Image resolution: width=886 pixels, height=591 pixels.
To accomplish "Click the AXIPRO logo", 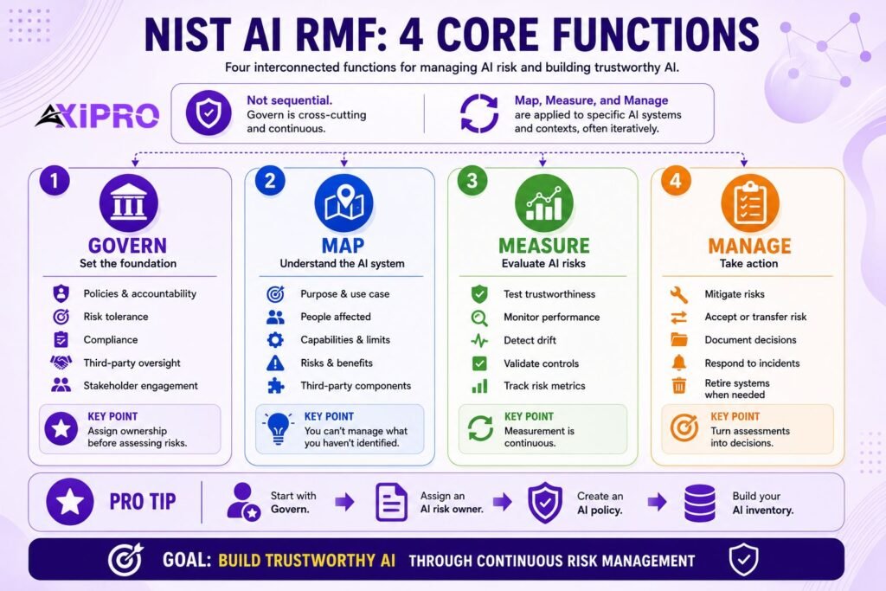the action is pos(97,115).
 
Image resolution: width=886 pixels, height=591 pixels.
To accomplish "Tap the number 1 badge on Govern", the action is pos(55,181).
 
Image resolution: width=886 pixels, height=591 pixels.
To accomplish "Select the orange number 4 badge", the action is pos(676,181).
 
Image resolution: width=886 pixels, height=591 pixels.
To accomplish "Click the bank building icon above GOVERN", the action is pos(128,202).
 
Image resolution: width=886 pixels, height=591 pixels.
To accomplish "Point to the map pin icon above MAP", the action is pos(343,202).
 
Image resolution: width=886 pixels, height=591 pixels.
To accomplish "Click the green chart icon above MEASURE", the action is pos(544,202).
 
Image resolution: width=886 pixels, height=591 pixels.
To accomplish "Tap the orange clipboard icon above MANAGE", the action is pos(750,202).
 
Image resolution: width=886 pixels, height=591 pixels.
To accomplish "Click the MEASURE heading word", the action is pos(544,246).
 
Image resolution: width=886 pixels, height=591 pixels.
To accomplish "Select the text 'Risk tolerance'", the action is pos(116,317).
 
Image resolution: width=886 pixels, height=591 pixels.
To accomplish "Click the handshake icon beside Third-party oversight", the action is pos(61,363).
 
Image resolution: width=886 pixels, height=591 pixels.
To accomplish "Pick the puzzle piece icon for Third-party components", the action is pos(275,385).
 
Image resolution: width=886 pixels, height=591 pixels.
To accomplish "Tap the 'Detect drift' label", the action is pos(530,340).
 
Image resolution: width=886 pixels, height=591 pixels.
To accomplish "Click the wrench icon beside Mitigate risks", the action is pos(678,294).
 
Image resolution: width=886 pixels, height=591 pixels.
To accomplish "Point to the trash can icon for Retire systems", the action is pos(678,385).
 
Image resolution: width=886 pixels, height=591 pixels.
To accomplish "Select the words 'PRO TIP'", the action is pos(143,501).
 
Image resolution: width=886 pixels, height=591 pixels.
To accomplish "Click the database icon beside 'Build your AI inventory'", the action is pos(700,503).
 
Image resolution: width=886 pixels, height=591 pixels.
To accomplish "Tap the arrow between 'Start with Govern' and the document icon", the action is pos(344,501).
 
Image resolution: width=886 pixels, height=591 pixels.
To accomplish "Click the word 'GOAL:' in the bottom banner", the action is pos(187,560).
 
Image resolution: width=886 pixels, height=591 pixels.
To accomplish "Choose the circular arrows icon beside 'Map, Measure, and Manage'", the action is pos(479,113).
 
